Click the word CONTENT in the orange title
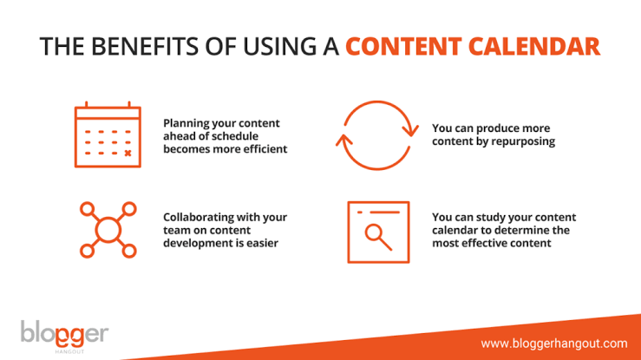[x=403, y=46]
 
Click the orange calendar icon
[x=108, y=134]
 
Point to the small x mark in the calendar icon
[x=128, y=154]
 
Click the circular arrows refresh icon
[x=377, y=135]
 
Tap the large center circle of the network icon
[x=108, y=230]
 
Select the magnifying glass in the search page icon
[x=378, y=237]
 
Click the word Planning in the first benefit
[x=186, y=123]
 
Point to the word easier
[x=262, y=243]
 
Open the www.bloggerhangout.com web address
[x=554, y=344]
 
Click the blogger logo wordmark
[x=64, y=333]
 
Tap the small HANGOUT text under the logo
[x=69, y=351]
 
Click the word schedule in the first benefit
[x=232, y=136]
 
